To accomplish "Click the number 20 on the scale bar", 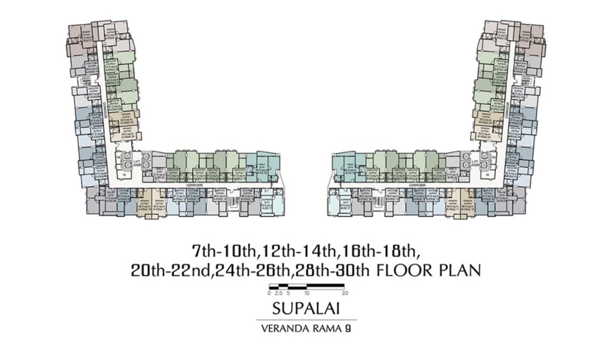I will pyautogui.click(x=344, y=293).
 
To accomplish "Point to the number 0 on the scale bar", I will pyautogui.click(x=269, y=293).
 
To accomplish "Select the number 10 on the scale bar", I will pyautogui.click(x=306, y=293).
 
